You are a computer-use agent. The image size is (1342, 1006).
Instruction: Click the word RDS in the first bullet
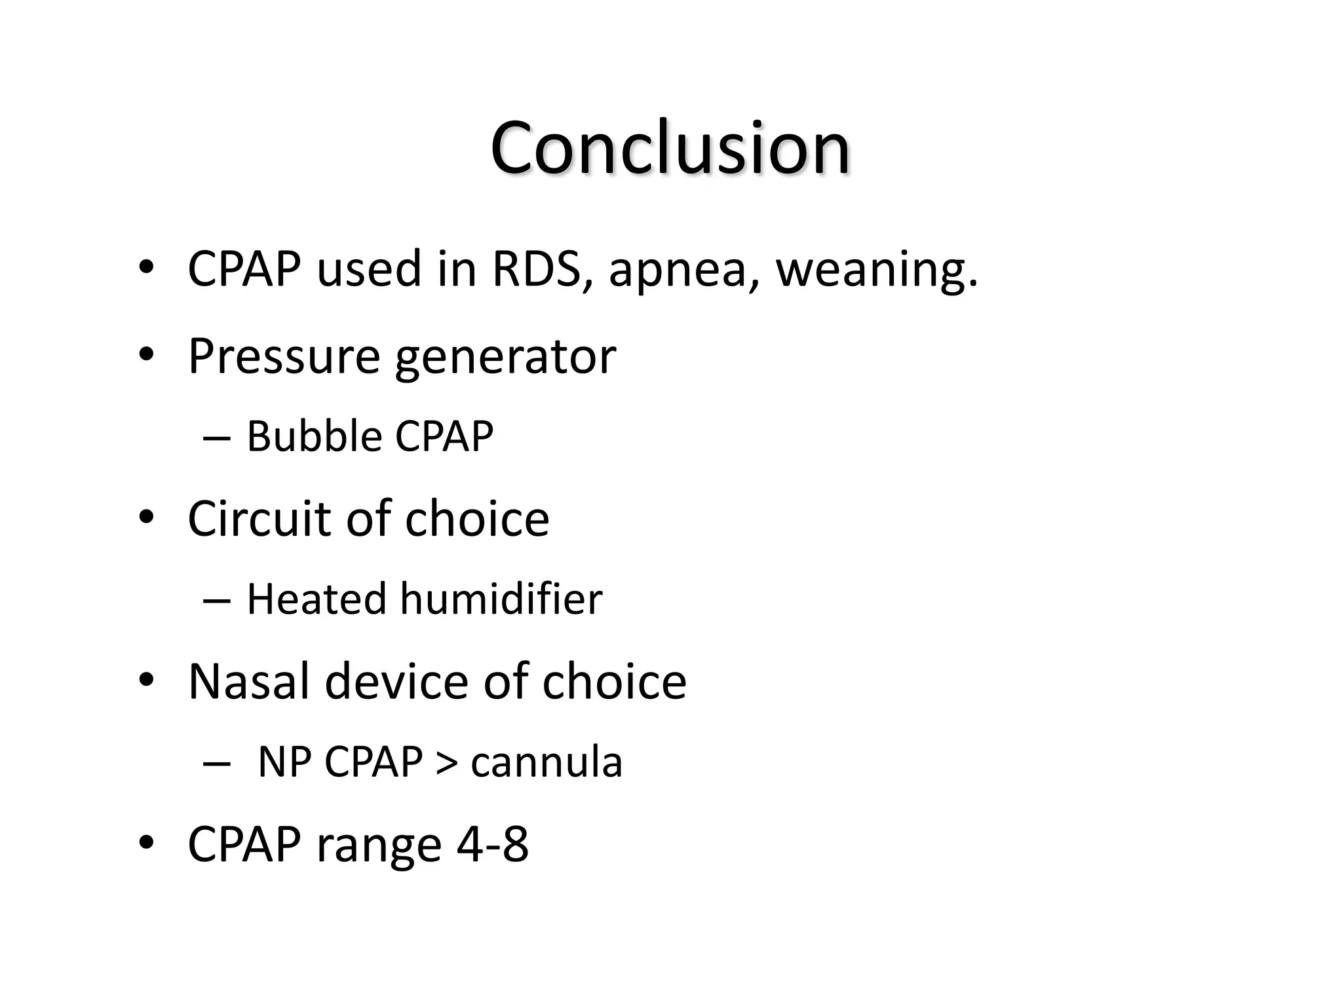(536, 269)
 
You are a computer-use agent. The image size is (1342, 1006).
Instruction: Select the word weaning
(877, 270)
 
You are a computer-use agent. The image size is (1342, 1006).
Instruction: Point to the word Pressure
(284, 357)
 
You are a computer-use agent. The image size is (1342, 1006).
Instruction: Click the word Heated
(316, 599)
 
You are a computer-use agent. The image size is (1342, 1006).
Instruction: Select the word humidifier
(501, 599)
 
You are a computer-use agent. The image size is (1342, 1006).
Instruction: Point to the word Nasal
(248, 682)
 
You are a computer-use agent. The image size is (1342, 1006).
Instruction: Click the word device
(396, 682)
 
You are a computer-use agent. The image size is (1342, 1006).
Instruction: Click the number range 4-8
(492, 845)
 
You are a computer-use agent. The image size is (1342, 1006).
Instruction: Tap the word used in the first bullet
(369, 269)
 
